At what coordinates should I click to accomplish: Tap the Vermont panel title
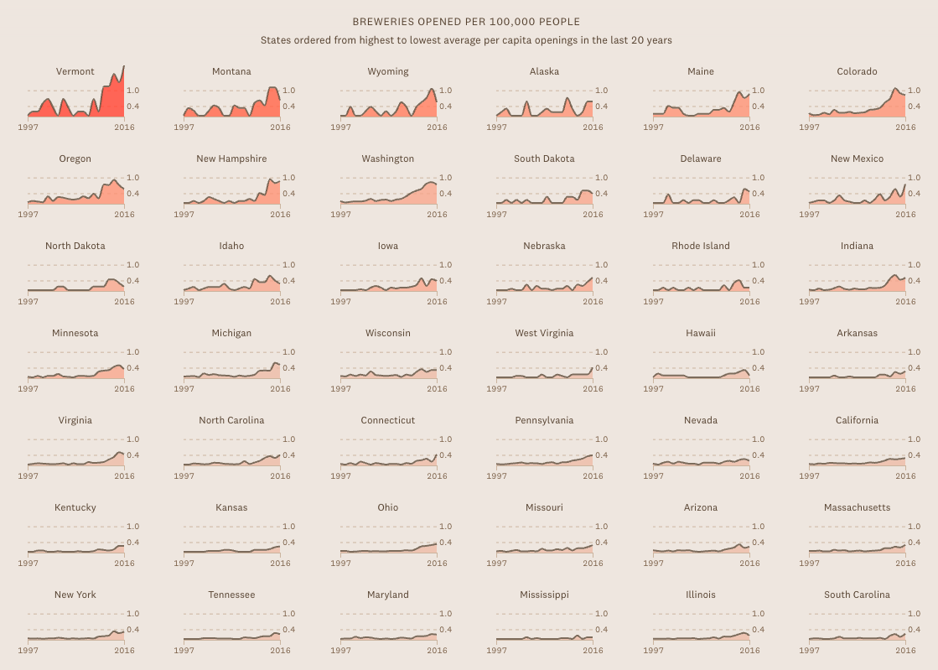[75, 71]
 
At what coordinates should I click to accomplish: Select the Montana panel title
[231, 71]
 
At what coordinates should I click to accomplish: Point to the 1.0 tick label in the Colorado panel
[914, 91]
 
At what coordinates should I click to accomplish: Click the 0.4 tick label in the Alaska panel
[601, 106]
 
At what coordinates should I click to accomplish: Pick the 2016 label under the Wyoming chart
[437, 127]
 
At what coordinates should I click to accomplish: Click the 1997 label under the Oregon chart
[28, 215]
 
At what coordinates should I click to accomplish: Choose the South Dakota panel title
[544, 158]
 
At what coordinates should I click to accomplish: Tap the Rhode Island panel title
[701, 246]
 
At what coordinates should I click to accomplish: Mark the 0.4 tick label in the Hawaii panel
[758, 368]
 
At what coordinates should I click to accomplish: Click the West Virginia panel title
[544, 333]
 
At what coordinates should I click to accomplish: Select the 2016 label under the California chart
[905, 476]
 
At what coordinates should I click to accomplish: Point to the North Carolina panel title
[231, 420]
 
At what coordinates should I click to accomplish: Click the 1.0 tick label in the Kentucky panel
[132, 527]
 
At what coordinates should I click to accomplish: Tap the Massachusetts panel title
[857, 507]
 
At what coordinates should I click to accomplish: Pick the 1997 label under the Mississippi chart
[497, 651]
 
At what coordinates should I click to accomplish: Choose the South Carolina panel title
[857, 595]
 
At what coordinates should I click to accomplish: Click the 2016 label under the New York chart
[124, 651]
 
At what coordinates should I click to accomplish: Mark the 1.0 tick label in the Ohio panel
[445, 527]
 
